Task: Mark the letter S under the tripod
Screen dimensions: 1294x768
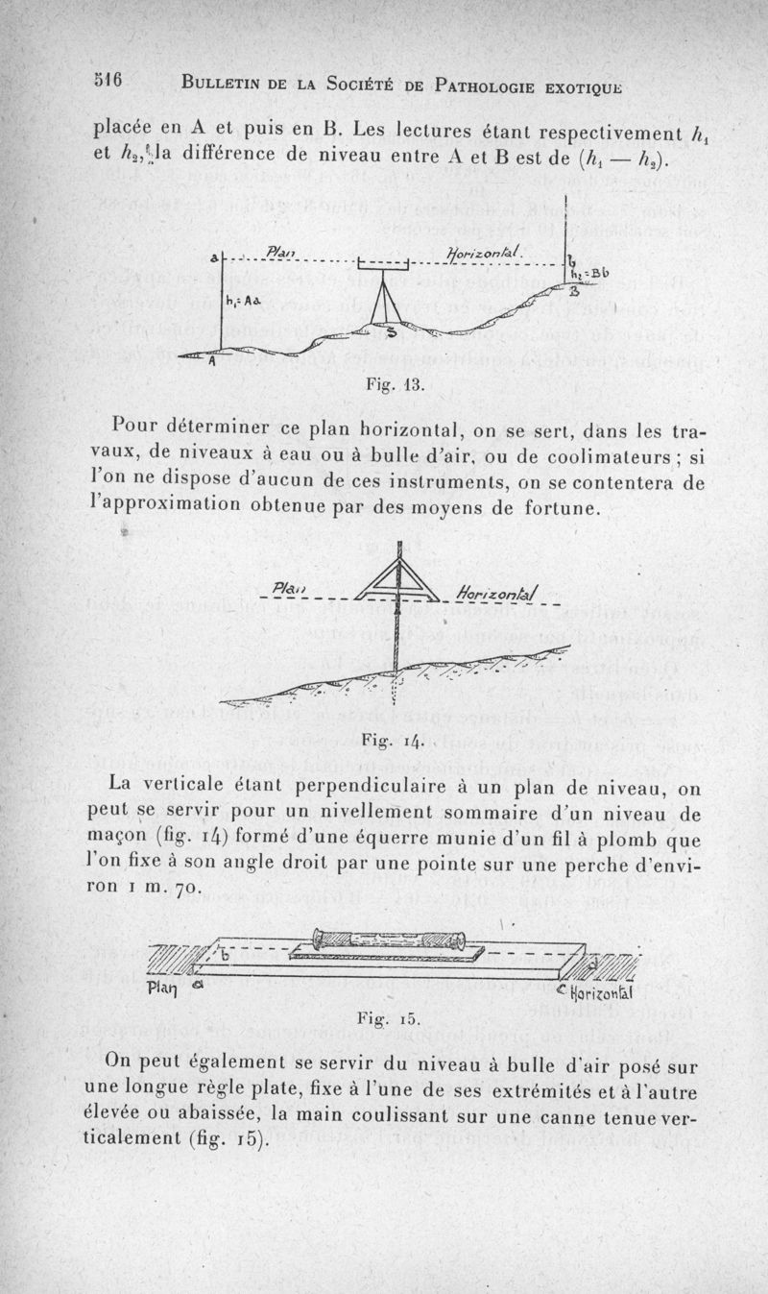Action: [x=391, y=332]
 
